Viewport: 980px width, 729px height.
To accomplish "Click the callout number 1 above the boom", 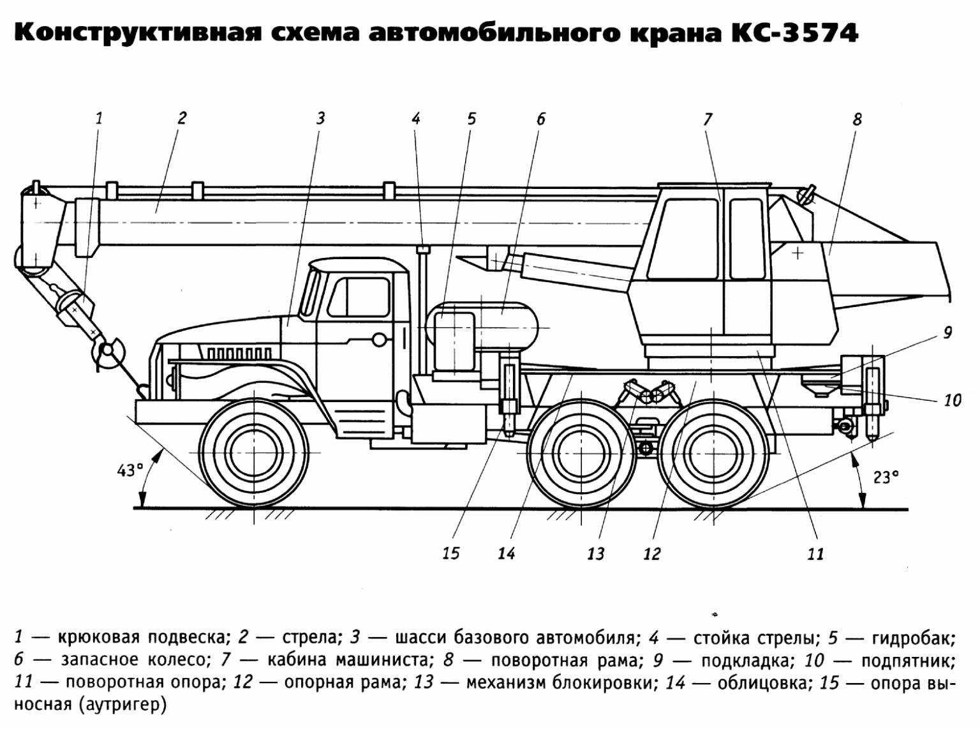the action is (x=99, y=118).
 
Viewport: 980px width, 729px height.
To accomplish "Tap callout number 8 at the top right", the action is (x=857, y=119).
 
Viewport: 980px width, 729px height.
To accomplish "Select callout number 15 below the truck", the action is (x=451, y=553).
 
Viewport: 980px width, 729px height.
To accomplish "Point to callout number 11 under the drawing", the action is (x=816, y=554).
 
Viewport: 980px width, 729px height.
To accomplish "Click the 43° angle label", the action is (x=130, y=470).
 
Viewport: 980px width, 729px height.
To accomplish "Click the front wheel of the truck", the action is (x=255, y=454).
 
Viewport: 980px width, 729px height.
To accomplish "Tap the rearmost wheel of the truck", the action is (x=714, y=454).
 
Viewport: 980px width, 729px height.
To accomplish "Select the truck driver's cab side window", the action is (x=359, y=297).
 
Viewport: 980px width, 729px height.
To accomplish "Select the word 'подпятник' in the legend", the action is (x=909, y=661).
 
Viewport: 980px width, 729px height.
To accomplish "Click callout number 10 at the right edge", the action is (x=952, y=400).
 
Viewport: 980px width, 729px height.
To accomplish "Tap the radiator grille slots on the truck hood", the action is (x=239, y=353).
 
